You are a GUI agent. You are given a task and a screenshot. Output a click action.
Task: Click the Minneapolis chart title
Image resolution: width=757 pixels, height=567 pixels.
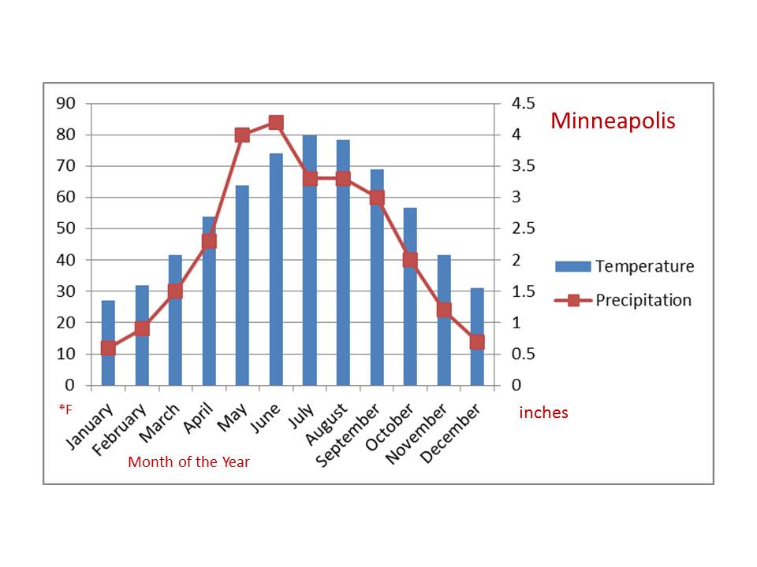[613, 121]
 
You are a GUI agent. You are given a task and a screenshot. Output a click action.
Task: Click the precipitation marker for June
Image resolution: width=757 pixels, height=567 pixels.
[276, 122]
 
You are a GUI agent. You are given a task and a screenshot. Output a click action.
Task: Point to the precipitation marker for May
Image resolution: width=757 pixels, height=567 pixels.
[242, 135]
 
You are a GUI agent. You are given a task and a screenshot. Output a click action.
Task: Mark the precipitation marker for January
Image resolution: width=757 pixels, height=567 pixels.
[108, 348]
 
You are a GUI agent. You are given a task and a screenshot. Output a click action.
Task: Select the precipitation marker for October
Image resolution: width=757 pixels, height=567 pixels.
[410, 260]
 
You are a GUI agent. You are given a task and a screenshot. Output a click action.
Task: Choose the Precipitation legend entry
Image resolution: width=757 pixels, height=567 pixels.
[623, 300]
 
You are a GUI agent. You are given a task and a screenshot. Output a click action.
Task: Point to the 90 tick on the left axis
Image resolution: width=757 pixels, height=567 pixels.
[65, 103]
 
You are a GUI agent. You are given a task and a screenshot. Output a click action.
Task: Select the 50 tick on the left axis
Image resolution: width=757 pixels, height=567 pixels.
[65, 228]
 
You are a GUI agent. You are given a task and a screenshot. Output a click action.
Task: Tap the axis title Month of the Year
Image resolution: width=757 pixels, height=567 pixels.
[188, 462]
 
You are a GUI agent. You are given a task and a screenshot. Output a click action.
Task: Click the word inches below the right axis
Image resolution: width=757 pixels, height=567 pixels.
[543, 413]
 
